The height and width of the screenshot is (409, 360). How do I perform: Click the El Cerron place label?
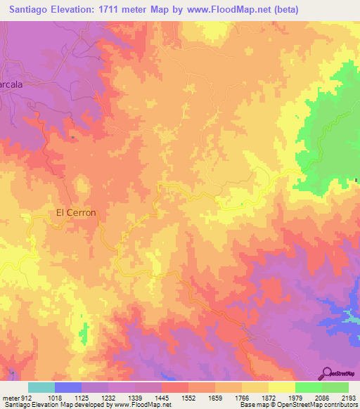pyautogui.click(x=75, y=212)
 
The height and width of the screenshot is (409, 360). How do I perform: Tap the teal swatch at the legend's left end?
pyautogui.click(x=41, y=387)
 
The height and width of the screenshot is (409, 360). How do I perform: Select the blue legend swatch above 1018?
pyautogui.click(x=68, y=387)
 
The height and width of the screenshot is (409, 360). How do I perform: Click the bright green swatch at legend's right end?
pyautogui.click(x=335, y=387)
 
